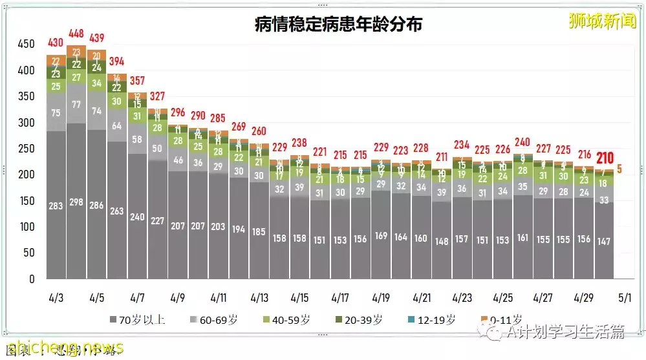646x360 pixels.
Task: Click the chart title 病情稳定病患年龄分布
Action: [338, 25]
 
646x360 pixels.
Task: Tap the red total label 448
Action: [76, 34]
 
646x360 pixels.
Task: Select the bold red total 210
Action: [605, 158]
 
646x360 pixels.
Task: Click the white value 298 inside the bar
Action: [76, 202]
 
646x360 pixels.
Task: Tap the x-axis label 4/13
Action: [259, 299]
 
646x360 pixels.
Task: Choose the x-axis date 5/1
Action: [624, 299]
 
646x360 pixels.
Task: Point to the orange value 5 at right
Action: [619, 170]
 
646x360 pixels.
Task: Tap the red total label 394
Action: [117, 61]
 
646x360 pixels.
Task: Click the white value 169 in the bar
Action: [381, 236]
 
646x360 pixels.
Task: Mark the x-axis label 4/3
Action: [56, 299]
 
